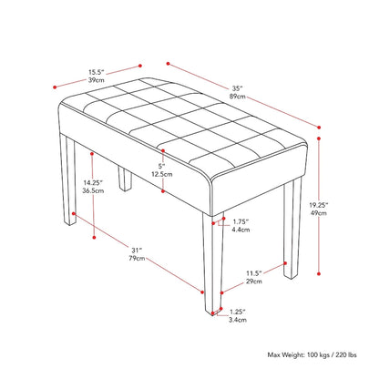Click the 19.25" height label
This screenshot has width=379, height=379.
coord(343,206)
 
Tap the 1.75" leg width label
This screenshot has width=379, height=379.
coord(241,221)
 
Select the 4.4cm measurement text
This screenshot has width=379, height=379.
coord(241,231)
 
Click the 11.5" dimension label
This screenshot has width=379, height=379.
coord(259,273)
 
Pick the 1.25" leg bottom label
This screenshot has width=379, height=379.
coord(237,311)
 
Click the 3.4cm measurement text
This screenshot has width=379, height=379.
coord(237,322)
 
